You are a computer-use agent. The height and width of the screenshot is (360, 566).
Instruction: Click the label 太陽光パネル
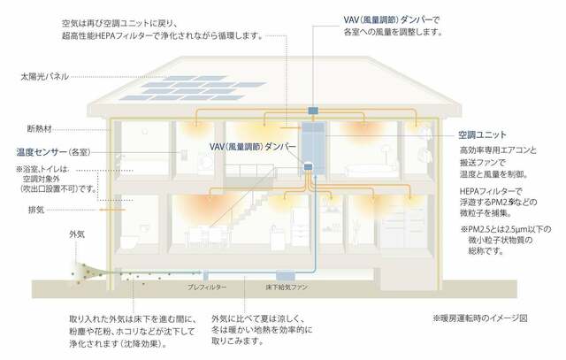pos(44,77)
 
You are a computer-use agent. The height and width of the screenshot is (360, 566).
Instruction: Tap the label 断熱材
pos(40,129)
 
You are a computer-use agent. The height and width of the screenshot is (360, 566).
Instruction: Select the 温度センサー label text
pos(42,152)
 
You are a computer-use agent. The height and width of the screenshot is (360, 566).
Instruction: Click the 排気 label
pos(36,210)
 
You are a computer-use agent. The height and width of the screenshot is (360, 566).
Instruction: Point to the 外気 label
pos(77,234)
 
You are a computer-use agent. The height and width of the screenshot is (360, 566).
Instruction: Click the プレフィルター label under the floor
pos(207,287)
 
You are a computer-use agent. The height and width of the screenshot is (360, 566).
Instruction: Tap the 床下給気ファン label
pos(287,287)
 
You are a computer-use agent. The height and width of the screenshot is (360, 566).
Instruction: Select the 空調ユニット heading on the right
pos(482,135)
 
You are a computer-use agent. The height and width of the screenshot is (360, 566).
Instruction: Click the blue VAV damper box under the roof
pos(313,111)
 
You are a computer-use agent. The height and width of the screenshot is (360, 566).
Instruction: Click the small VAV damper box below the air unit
pos(308,167)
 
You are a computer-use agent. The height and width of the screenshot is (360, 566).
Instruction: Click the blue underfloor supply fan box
pos(286,276)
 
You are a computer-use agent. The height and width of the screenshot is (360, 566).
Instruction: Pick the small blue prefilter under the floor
pos(206,276)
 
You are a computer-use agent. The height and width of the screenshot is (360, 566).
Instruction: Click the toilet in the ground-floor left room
pos(129,241)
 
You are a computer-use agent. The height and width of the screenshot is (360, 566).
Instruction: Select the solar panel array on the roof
pos(193,88)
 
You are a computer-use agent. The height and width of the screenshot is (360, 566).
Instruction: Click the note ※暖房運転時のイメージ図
pos(480,318)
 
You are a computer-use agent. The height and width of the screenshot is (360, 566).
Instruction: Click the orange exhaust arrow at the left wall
pos(112,210)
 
